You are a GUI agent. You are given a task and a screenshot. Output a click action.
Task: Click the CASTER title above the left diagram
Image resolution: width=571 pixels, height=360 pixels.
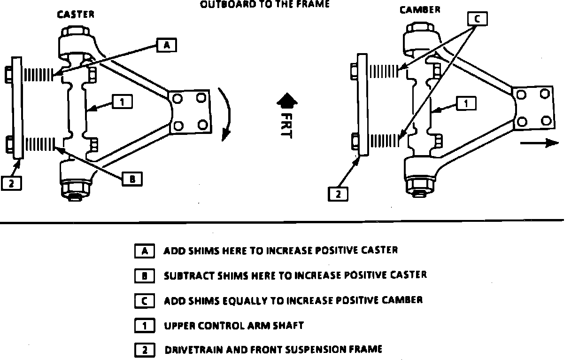coord(76,15)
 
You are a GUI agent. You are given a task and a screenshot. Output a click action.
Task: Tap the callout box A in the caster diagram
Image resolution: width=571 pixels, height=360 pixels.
coord(167,45)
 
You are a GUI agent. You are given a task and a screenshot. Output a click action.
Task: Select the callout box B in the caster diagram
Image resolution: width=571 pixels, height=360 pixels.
coord(132,179)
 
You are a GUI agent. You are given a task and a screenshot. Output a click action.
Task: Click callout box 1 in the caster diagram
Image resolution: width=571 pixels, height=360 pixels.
coord(122,102)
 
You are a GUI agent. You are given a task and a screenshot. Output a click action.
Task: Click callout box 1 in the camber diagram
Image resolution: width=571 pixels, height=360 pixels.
coord(466,103)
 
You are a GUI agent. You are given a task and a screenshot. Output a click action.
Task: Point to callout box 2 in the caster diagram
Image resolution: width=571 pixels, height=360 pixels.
coord(11,183)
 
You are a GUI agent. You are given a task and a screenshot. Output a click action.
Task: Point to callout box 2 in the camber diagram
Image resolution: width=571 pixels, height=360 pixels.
coord(338,193)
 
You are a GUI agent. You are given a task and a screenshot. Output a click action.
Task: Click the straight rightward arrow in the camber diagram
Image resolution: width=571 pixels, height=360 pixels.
coord(546,143)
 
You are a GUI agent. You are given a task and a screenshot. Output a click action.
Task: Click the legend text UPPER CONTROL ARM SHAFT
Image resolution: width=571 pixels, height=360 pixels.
coord(234,325)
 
